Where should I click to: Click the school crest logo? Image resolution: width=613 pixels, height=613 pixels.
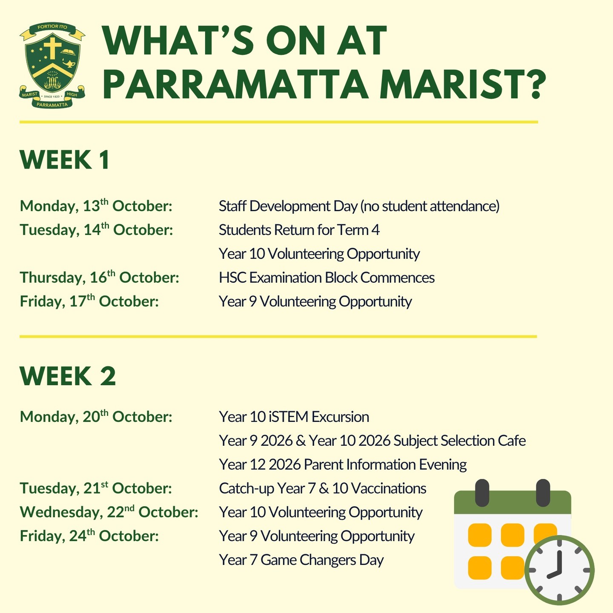pos(52,66)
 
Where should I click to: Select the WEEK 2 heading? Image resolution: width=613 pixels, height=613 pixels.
pos(68,376)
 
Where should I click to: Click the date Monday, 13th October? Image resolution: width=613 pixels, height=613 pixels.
pos(96,206)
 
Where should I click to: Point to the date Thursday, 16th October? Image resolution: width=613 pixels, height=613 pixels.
pos(100,277)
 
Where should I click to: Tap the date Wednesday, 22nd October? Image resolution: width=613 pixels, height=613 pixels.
pos(109,512)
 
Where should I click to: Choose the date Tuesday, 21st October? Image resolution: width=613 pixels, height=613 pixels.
pos(96,488)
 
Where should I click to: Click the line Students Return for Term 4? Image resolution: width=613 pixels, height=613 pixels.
pos(299,230)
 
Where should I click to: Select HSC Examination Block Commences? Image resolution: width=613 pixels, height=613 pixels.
pos(327,278)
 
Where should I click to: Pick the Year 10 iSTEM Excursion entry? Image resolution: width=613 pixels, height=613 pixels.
pos(294,417)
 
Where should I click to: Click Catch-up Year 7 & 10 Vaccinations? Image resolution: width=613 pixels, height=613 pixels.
pos(323,488)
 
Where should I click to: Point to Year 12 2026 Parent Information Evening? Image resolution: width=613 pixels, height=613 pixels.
pos(343,464)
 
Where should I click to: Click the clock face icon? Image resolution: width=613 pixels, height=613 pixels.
pos(559,570)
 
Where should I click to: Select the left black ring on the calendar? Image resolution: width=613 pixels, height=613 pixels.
pos(482,493)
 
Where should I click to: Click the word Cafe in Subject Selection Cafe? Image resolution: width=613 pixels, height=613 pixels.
pos(512,441)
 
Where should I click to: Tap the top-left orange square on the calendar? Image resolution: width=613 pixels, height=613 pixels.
pos(480,535)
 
